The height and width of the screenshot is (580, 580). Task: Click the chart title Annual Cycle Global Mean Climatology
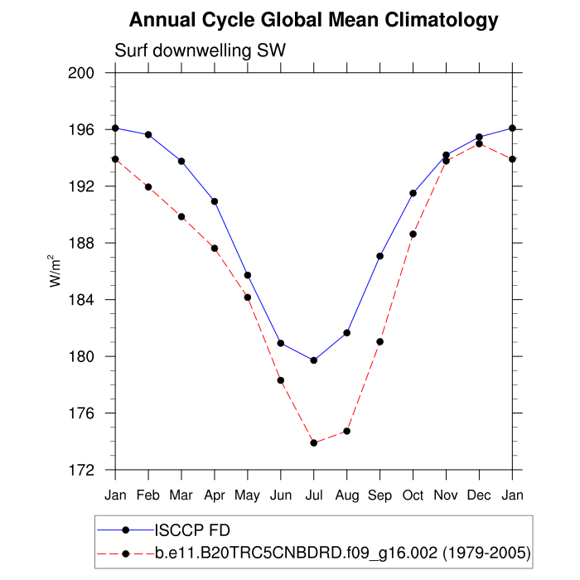click(x=314, y=20)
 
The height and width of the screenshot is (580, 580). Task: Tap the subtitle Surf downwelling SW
click(x=200, y=51)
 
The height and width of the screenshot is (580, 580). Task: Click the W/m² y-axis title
click(x=56, y=270)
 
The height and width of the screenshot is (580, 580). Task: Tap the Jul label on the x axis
click(x=313, y=495)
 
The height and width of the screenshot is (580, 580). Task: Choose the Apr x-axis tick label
click(x=215, y=495)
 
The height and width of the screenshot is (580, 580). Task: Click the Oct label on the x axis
click(x=413, y=495)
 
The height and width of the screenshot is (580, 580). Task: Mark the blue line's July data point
click(x=314, y=360)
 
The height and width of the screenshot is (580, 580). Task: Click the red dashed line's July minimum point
click(x=314, y=443)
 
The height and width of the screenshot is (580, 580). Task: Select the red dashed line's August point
click(x=347, y=431)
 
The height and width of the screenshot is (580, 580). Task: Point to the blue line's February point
click(x=148, y=134)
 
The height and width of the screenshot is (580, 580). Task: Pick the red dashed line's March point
click(x=181, y=216)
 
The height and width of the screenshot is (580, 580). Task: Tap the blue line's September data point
click(x=380, y=256)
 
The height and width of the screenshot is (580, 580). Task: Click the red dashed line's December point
click(x=479, y=143)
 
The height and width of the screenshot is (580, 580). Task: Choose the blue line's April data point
click(x=215, y=201)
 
